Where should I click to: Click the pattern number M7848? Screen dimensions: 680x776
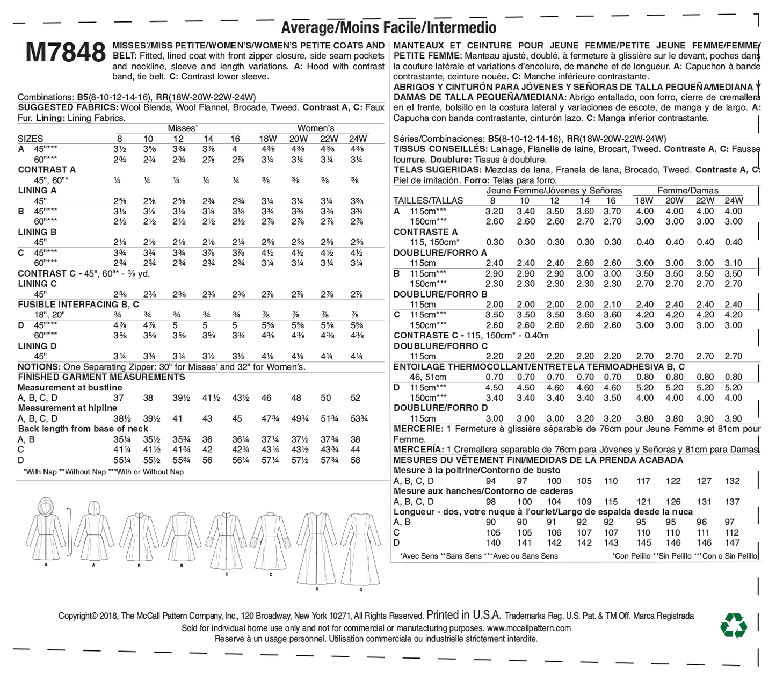point(65,53)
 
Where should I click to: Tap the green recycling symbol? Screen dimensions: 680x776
point(733,626)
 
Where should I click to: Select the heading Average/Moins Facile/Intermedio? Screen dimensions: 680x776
point(388,27)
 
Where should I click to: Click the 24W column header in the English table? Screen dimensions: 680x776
point(358,139)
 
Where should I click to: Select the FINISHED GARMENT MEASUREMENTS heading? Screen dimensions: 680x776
point(101,377)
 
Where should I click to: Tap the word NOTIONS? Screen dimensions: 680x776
point(39,367)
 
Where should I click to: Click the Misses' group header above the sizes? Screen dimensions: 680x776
point(183,128)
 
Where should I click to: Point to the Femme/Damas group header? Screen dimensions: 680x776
point(688,190)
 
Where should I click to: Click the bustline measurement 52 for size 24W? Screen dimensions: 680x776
point(356,398)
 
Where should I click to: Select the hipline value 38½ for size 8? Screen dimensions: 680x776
point(118,419)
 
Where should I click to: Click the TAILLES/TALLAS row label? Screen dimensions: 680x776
point(428,200)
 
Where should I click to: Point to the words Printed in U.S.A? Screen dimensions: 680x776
point(463,616)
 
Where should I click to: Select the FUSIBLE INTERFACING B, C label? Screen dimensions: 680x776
point(78,305)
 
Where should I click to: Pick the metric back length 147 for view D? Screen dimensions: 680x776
point(733,543)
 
